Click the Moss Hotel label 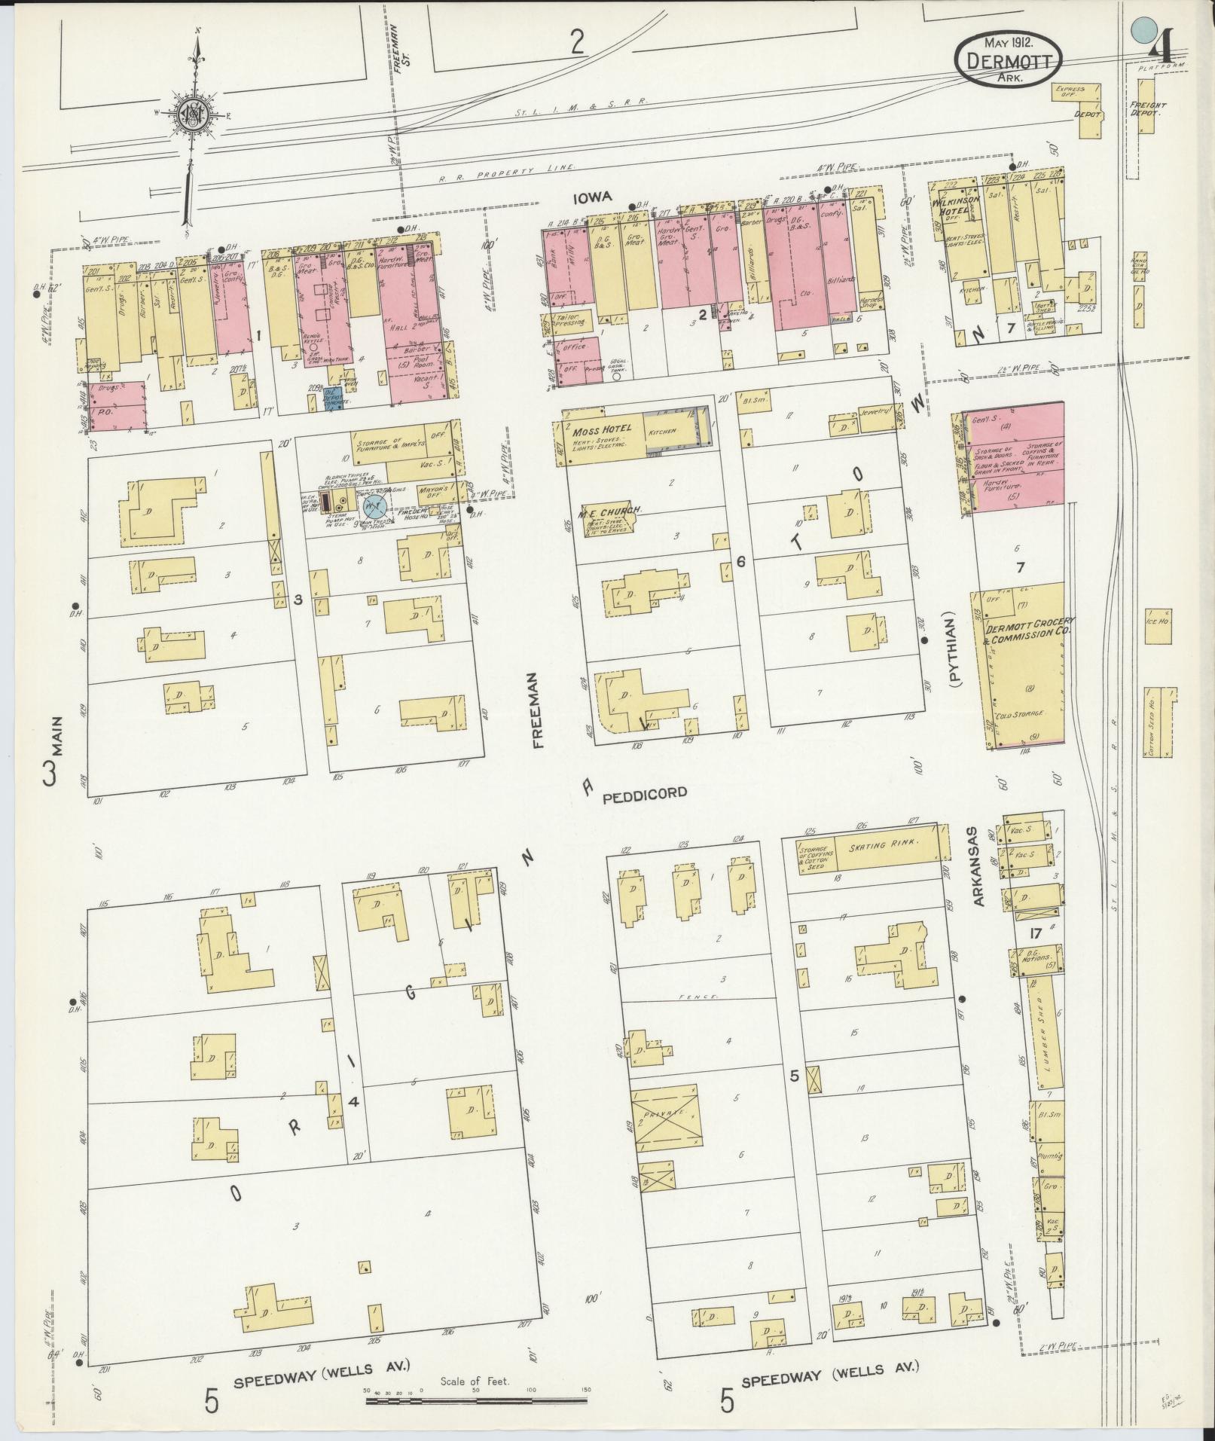[600, 430]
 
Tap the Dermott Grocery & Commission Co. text [1028, 629]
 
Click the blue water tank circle [374, 505]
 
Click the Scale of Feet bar [476, 1401]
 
